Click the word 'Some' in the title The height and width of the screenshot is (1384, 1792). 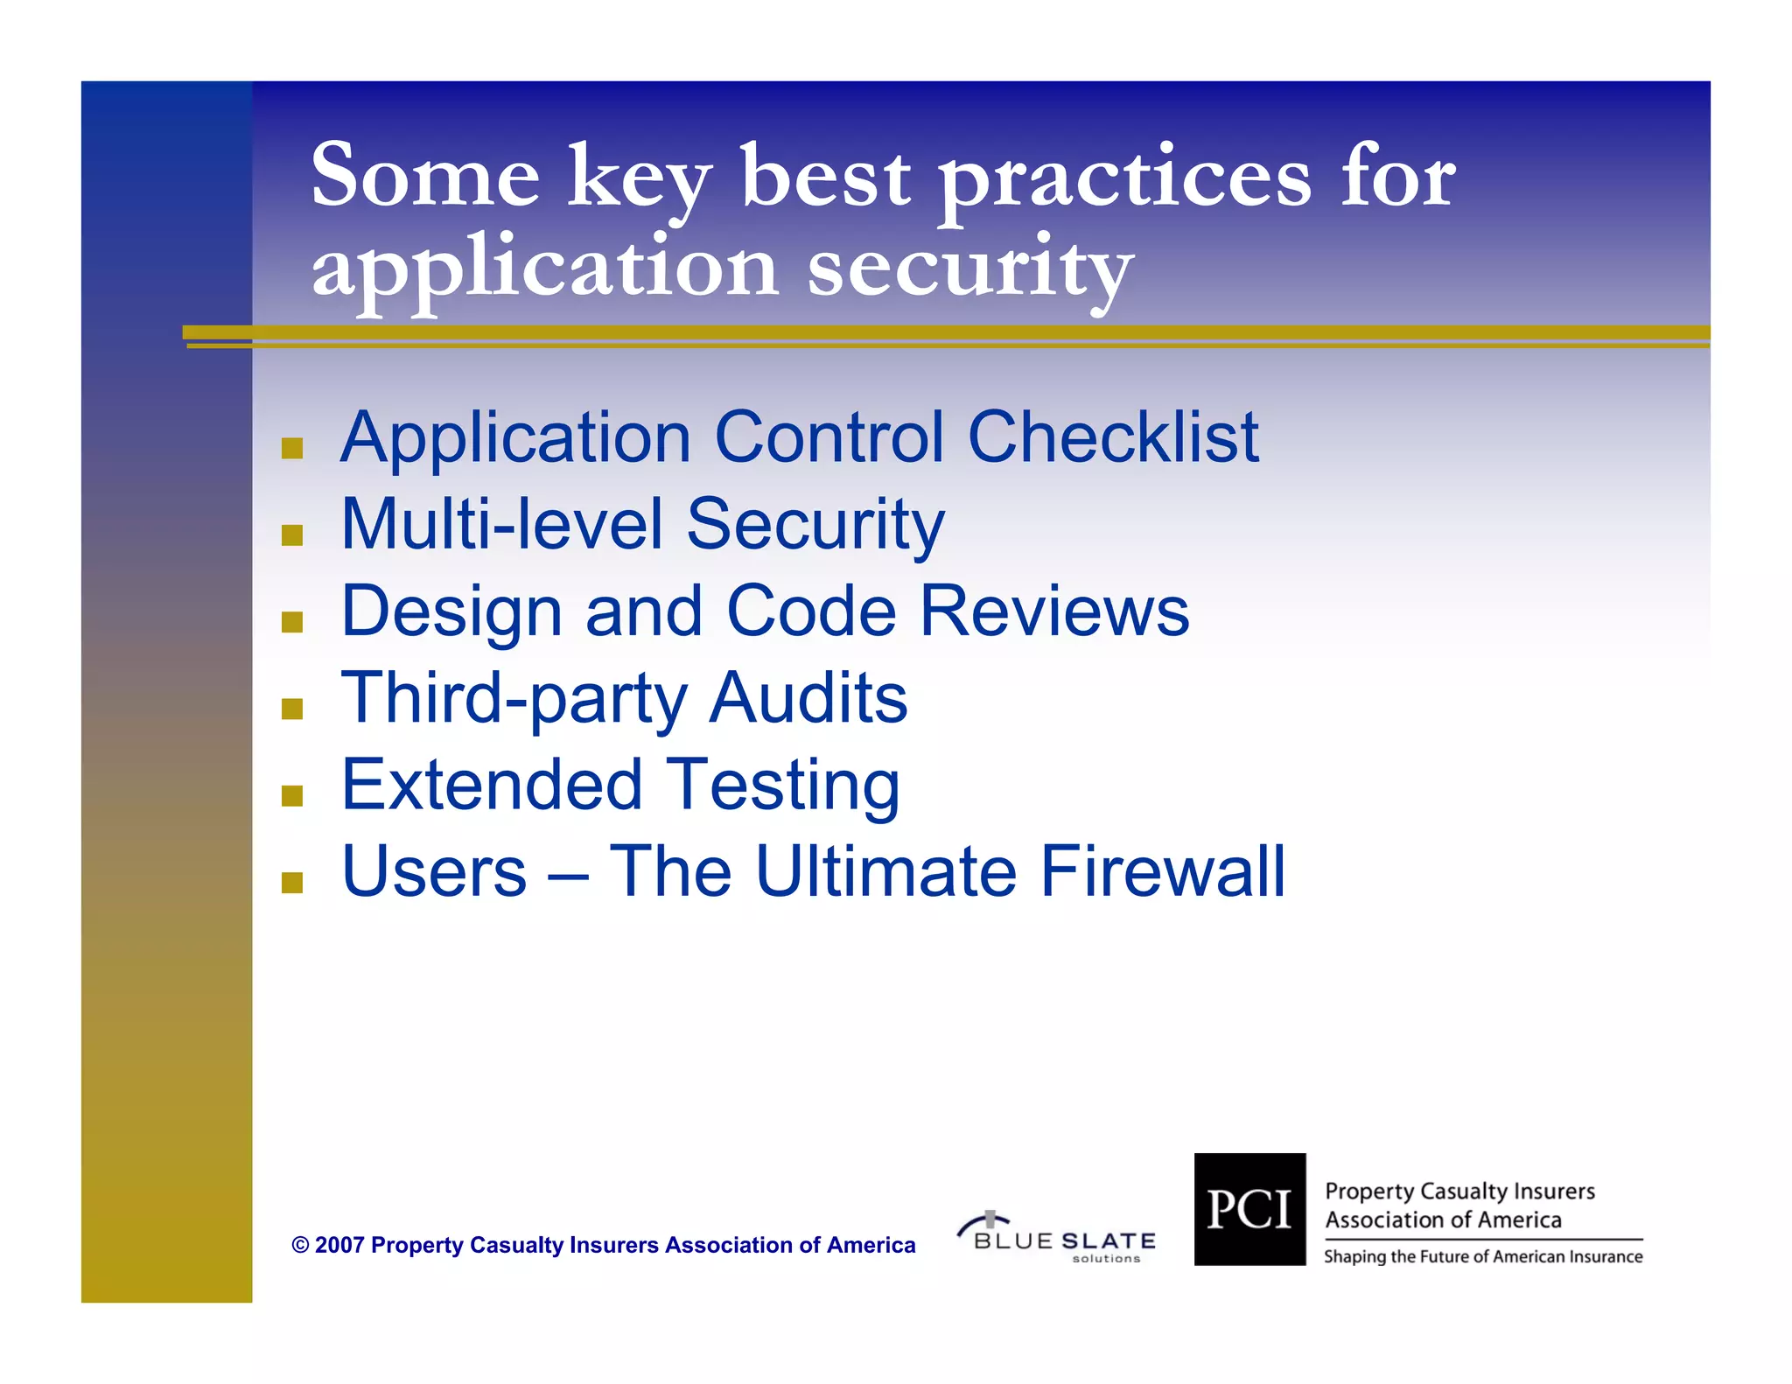[425, 177]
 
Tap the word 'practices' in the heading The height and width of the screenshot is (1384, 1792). [1125, 180]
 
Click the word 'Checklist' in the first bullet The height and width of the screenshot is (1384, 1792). [1113, 437]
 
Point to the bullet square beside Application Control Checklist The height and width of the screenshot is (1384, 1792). [292, 449]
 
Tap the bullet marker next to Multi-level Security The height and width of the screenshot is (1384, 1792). [292, 535]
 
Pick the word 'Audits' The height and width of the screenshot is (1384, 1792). [808, 698]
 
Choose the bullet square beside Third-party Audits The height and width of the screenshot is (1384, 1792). [292, 709]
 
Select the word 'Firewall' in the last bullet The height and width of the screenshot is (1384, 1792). [1163, 872]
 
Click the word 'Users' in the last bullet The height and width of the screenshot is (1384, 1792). [434, 872]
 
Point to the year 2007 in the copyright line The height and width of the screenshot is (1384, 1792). [339, 1245]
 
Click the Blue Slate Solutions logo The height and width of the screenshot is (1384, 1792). [1056, 1237]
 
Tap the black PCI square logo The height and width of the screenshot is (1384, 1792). [1249, 1209]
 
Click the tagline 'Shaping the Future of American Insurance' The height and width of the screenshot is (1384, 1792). [1483, 1257]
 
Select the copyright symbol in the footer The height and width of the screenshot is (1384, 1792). [300, 1245]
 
